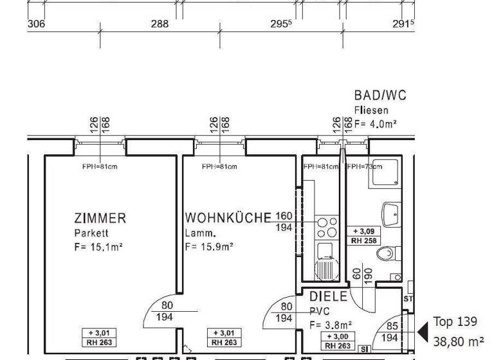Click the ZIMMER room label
coord(100,219)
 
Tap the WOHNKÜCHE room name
coord(228,219)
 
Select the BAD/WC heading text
coord(380,96)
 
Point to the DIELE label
coord(329,298)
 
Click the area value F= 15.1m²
coord(98,246)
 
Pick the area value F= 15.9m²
coord(209,246)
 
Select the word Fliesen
coord(371,111)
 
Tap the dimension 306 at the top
coord(36,24)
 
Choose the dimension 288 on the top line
coord(160,24)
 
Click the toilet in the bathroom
coord(386,254)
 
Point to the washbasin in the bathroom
coord(390,212)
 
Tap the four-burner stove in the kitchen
coord(327,227)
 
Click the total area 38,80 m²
coord(459,343)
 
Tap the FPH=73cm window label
coord(364,166)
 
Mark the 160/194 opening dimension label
coord(283,222)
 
